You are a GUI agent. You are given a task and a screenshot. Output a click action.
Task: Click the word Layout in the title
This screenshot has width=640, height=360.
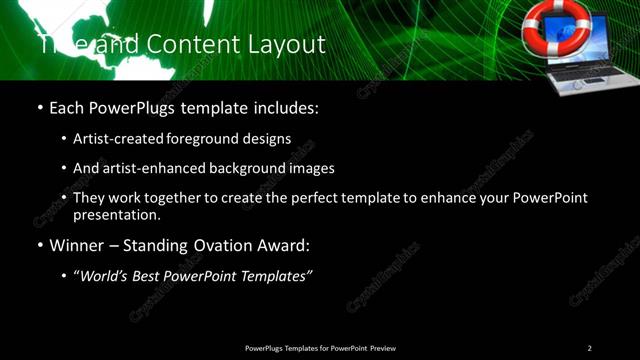[x=289, y=45]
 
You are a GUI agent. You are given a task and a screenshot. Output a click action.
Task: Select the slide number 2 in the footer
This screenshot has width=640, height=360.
[x=589, y=348]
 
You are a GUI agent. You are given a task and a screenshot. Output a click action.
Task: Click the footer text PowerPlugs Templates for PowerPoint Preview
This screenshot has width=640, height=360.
[x=320, y=348]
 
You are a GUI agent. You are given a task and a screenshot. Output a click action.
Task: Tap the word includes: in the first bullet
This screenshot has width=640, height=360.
[x=285, y=107]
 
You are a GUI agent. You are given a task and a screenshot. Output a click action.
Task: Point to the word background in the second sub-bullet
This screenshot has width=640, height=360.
[x=244, y=169]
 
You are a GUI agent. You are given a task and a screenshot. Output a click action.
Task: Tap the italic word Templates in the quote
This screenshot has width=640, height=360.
[x=271, y=276]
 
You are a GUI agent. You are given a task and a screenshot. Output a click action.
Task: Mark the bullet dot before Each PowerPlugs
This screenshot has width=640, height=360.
[x=39, y=108]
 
